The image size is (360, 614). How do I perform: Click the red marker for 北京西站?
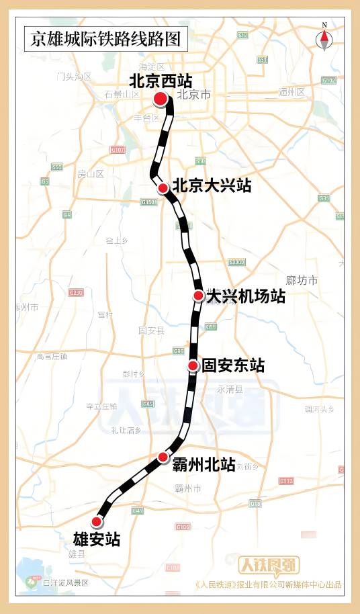(161, 99)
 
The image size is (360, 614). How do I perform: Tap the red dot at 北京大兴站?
(163, 188)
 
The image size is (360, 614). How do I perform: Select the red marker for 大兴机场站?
(198, 296)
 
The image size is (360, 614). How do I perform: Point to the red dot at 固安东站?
(193, 365)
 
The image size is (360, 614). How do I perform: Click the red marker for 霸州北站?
(163, 457)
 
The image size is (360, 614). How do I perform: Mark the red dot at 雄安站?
(97, 521)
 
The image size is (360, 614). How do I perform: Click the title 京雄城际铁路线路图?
(105, 39)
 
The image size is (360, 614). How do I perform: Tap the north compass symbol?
(324, 38)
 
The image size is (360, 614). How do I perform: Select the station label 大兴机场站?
(246, 296)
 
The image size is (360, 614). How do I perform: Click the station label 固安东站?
(233, 366)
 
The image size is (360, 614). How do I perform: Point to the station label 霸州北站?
(204, 464)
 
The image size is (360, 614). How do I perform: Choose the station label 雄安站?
(97, 539)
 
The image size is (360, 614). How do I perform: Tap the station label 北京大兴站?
(212, 186)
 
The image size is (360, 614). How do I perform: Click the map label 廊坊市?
(302, 280)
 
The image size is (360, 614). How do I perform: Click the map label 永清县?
(230, 389)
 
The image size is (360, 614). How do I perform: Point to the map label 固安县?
(151, 331)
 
